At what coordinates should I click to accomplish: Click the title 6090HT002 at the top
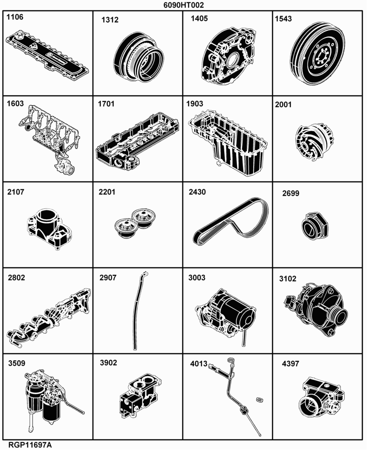coord(184,5)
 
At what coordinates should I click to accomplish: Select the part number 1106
coord(15,17)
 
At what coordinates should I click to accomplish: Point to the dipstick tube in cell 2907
coord(139,311)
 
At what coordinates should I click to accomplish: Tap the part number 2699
coord(291,193)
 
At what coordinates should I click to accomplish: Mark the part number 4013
coord(198,364)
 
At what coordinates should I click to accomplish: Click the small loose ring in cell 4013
coord(259,400)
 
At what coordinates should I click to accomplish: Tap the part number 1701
coord(106,104)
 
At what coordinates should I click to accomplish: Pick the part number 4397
coord(290,364)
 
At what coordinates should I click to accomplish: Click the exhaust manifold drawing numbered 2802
coord(49,318)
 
